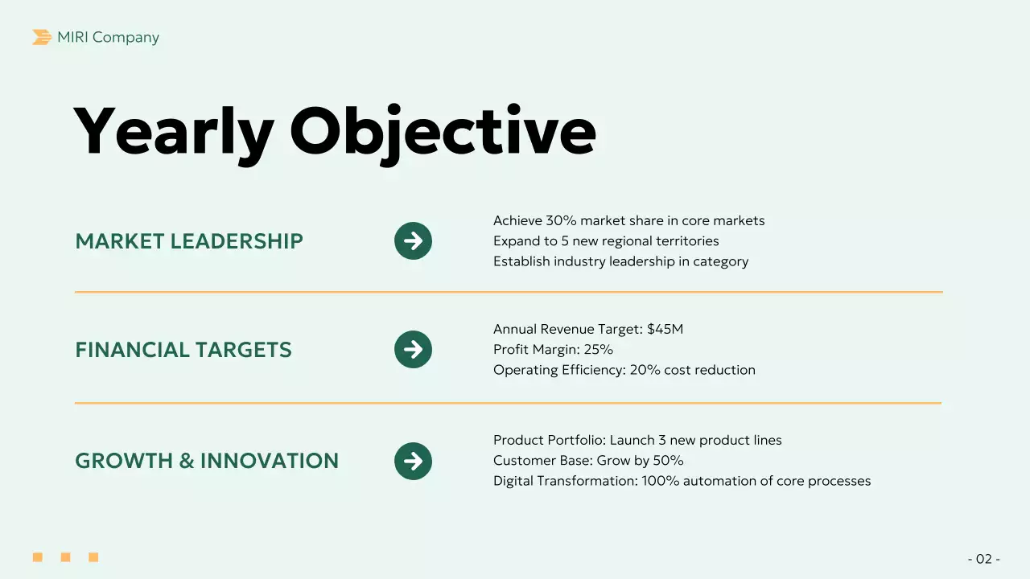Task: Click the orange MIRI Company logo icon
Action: pos(42,37)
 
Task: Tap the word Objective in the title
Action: pos(443,132)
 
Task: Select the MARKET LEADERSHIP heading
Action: pos(189,241)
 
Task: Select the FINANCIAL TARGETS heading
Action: pos(183,350)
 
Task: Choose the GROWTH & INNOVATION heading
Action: pos(207,461)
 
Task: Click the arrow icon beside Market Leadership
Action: pos(413,240)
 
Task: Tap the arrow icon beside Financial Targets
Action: pos(413,350)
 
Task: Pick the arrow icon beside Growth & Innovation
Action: pos(413,461)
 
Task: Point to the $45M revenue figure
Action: pos(665,329)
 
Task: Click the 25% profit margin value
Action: pos(599,350)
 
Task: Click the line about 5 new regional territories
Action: pos(606,241)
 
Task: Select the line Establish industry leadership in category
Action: pos(620,261)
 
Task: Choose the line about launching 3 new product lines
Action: pos(637,440)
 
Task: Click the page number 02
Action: pos(983,559)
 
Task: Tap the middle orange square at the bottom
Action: pos(65,557)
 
